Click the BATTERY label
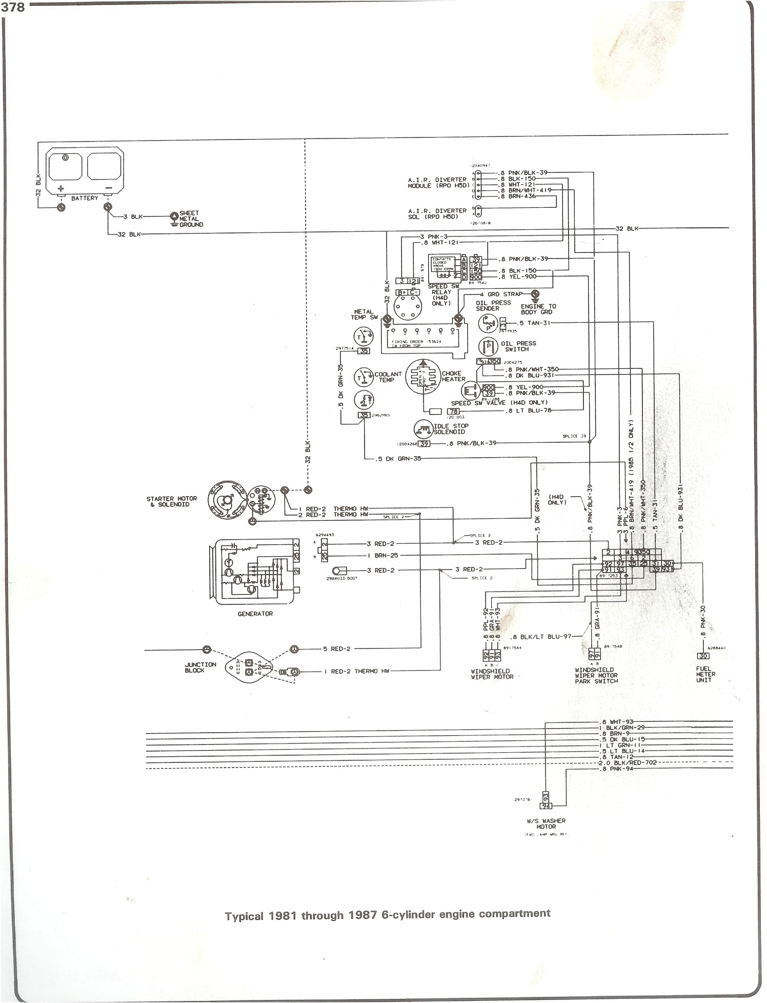click(85, 198)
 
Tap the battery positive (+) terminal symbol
click(60, 188)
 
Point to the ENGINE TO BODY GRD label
click(538, 309)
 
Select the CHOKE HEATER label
click(453, 376)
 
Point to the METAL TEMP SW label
click(365, 314)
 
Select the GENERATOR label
click(255, 614)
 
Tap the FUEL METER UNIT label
click(706, 675)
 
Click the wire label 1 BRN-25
click(382, 556)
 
